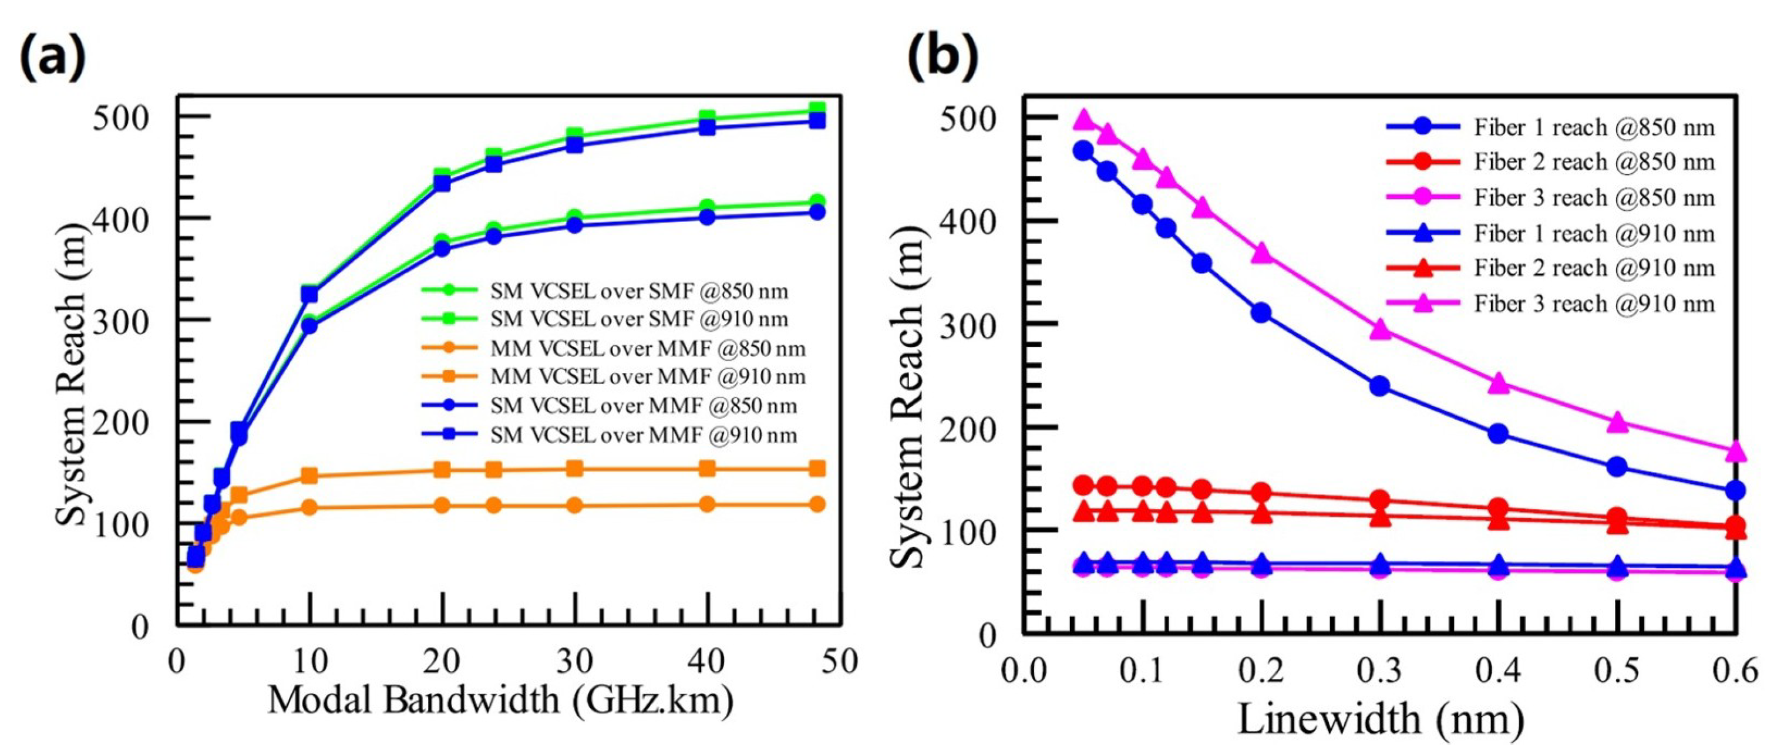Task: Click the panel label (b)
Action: coord(943,58)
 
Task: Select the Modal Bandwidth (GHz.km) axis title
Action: coord(500,701)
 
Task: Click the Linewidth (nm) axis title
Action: coord(1380,719)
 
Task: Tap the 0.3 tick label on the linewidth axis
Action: coord(1379,671)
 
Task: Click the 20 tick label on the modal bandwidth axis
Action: coord(442,662)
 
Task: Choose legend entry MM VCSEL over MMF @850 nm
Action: coord(648,348)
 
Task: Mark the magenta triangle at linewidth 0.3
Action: coord(1379,328)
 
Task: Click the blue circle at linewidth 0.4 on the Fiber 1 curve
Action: coord(1498,434)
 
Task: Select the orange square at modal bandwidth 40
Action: coord(706,469)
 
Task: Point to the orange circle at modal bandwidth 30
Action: coord(574,505)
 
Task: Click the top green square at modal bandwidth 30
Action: coord(574,135)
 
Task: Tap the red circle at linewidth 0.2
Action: coord(1261,493)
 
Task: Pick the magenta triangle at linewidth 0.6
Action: coord(1735,452)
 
